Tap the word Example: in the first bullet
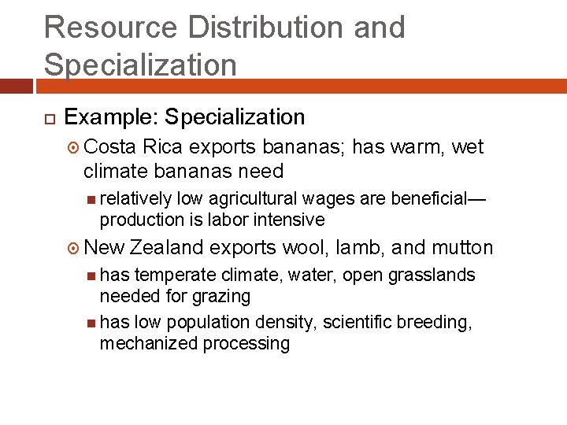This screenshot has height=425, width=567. coord(110,117)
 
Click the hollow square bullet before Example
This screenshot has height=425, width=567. coord(48,118)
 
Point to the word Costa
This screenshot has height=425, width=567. coord(110,147)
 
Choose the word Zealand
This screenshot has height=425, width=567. coord(167,248)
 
